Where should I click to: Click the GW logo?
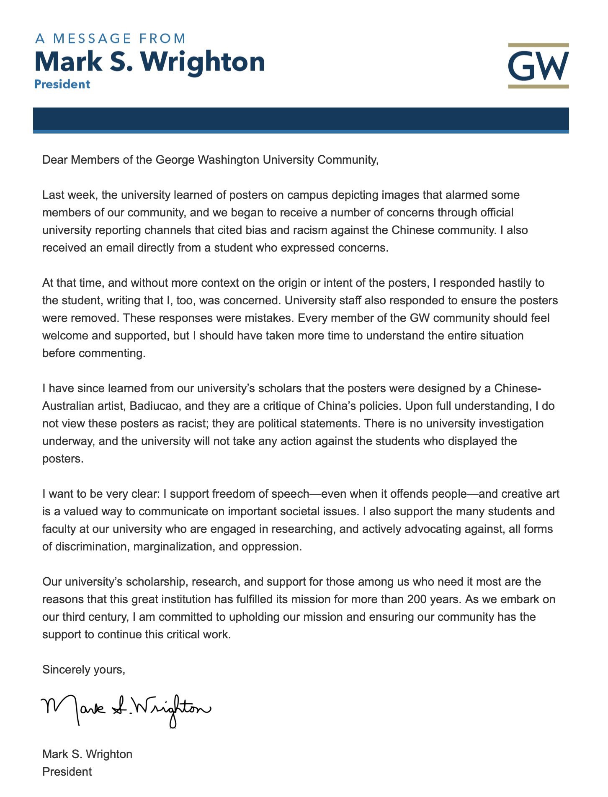click(x=538, y=66)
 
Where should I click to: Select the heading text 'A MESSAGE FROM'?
click(x=111, y=39)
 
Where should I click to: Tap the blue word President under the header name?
click(x=62, y=84)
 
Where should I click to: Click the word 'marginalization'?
click(x=173, y=547)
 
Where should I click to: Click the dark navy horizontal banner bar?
click(x=301, y=119)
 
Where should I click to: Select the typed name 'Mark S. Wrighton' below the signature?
click(x=87, y=754)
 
